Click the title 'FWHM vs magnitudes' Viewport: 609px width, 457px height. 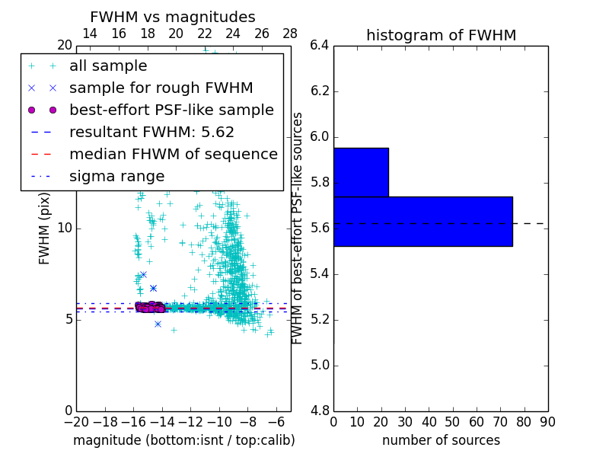173,17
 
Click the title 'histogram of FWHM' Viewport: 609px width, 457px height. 441,35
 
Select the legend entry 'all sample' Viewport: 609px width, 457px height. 108,66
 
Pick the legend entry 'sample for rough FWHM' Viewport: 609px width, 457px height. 161,88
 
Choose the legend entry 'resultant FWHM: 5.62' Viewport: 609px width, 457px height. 151,133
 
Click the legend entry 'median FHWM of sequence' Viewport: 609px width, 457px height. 173,155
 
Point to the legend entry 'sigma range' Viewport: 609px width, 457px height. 116,177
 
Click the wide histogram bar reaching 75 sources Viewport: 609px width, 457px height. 422,221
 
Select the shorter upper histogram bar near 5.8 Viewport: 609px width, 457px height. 361,172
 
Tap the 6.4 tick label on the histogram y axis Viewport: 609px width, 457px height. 319,46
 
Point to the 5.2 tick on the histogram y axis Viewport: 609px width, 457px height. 319,319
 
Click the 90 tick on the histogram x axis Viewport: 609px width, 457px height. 547,422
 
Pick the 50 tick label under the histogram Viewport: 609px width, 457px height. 452,422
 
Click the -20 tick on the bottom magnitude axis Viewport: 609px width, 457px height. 76,422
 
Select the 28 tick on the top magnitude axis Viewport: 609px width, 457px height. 290,34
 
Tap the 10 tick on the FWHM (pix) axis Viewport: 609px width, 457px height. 65,228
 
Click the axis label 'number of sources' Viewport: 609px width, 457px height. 441,440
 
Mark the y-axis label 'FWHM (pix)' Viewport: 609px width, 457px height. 45,228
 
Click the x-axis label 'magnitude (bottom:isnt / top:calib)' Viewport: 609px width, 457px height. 183,440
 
